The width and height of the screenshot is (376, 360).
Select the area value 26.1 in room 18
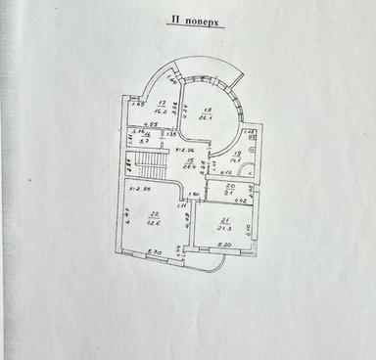(x=208, y=117)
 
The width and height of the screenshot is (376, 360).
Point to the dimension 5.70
(x=153, y=253)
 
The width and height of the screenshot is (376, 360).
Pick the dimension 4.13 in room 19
(x=225, y=172)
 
